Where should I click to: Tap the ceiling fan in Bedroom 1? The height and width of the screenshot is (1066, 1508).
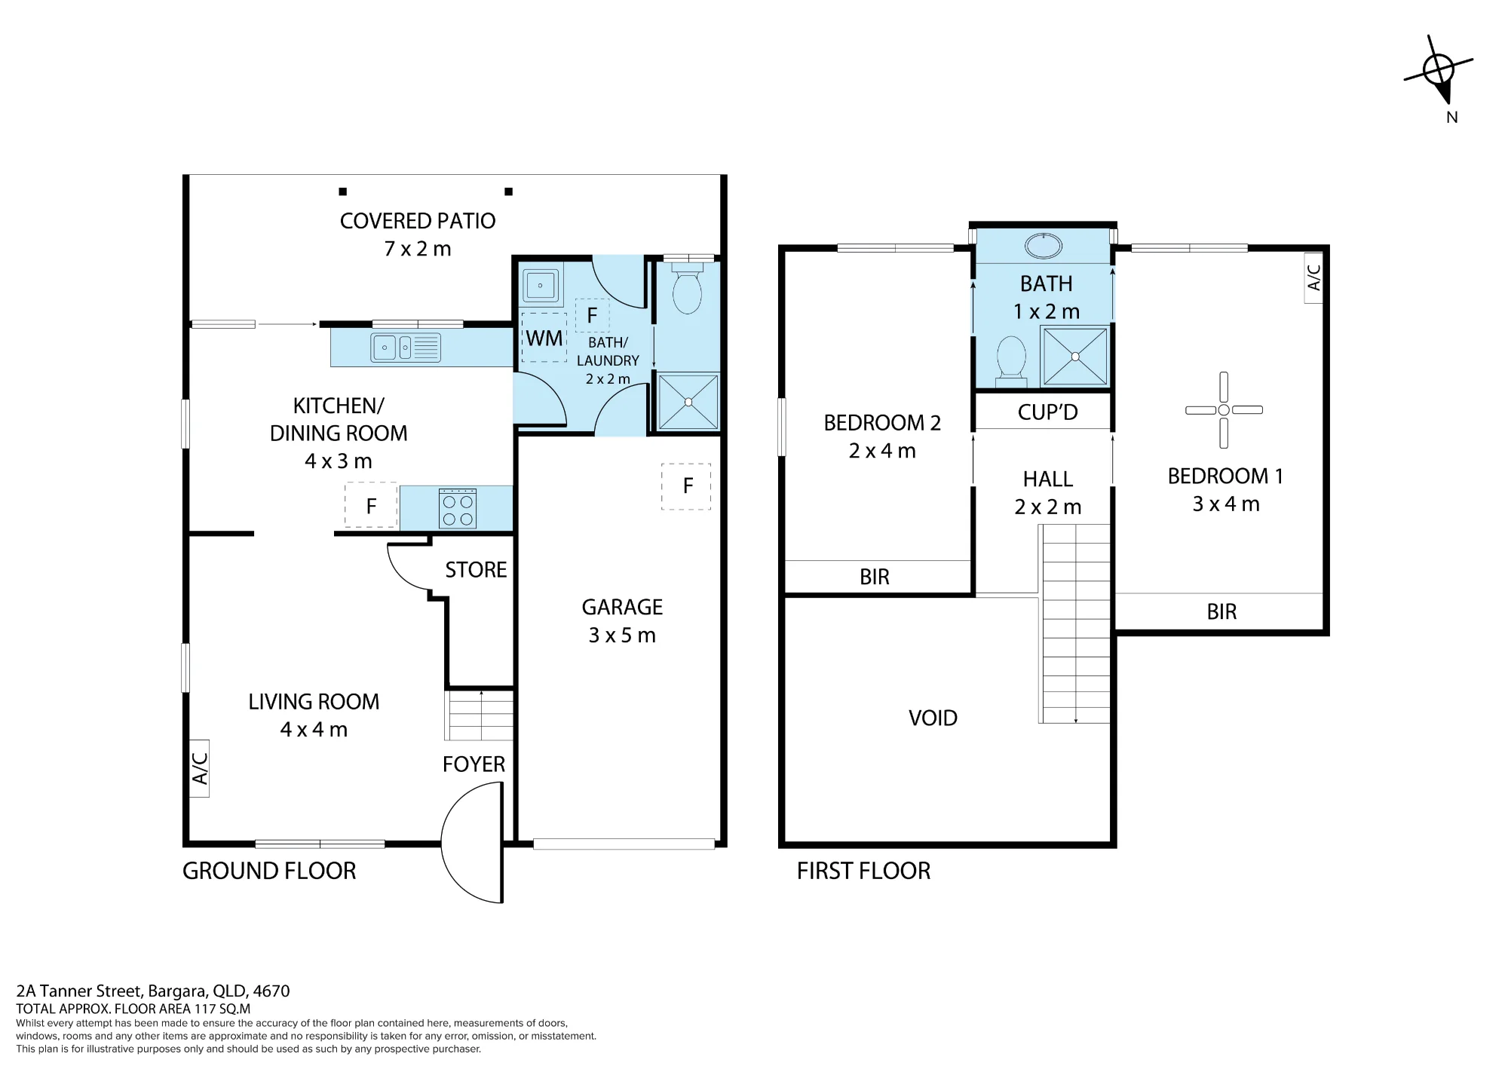pos(1224,410)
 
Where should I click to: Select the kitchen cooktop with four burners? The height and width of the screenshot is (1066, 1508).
pos(458,509)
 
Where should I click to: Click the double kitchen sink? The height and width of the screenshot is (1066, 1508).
pos(406,348)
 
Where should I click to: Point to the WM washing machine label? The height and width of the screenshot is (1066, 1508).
pos(544,338)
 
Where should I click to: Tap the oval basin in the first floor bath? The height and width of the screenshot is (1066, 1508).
pos(1044,245)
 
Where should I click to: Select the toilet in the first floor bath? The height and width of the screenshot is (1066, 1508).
pos(1012,360)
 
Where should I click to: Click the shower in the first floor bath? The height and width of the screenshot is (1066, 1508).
pos(1075,357)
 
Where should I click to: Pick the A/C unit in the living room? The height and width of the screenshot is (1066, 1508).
pos(199,768)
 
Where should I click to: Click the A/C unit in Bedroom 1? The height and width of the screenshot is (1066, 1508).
pos(1313,277)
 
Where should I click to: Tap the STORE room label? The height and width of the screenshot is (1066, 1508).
pos(476,570)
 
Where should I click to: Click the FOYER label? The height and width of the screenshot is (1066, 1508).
pos(474,764)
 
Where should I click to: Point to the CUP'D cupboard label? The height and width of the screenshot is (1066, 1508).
pos(1047,412)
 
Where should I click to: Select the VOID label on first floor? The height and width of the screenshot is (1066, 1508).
pos(933,718)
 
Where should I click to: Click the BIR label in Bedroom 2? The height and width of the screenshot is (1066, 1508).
pos(875,577)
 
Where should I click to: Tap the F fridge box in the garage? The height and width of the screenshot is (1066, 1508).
pos(686,486)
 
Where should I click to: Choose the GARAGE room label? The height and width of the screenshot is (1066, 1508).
pos(622,607)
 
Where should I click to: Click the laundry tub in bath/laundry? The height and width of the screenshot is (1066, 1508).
pos(540,286)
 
